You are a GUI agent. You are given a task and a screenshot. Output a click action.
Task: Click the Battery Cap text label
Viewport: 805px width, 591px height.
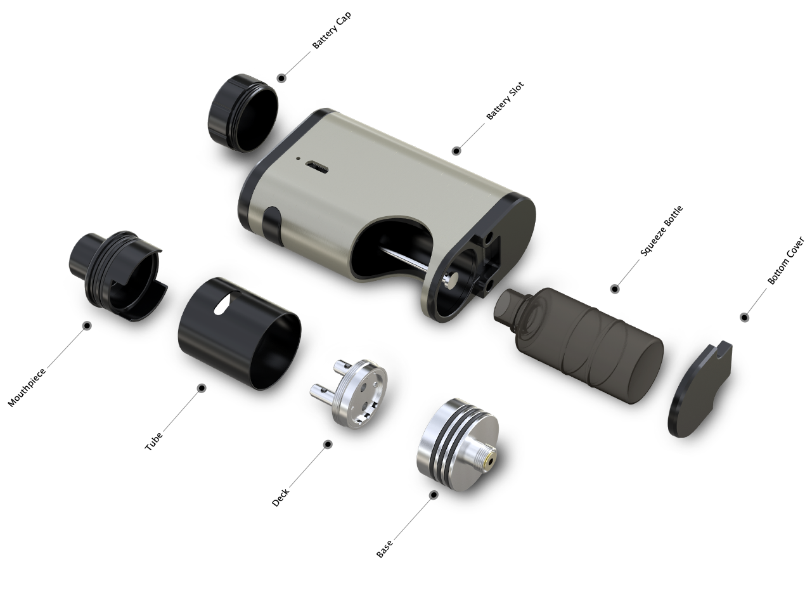332,30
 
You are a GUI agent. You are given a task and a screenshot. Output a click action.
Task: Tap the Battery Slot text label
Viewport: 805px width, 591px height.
505,101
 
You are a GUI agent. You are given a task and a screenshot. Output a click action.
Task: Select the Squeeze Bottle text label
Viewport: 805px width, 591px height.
661,231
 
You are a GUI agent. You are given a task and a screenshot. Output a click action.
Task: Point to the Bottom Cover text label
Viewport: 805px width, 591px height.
785,260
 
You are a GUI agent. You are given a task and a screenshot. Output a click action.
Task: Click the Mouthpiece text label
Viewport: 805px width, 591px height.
27,387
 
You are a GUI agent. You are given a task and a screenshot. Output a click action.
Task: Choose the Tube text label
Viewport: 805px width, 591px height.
153,441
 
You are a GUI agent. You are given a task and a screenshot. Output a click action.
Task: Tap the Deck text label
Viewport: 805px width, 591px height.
280,498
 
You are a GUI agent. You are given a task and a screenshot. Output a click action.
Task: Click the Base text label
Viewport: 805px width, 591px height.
384,549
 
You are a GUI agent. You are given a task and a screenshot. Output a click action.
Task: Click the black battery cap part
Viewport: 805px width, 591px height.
243,113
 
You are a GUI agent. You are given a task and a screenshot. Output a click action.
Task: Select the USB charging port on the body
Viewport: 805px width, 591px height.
316,167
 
